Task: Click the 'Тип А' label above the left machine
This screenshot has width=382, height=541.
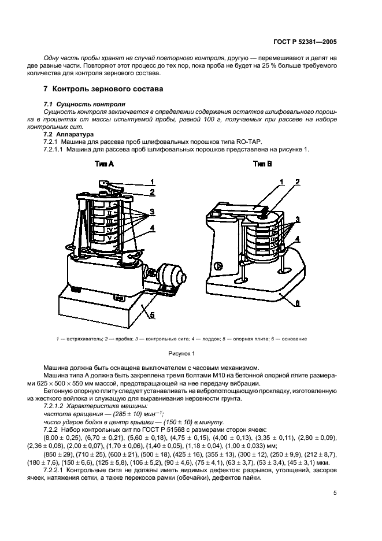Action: [103, 165]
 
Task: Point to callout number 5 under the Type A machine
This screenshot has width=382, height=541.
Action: [152, 315]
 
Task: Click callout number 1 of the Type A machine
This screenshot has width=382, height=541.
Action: [153, 181]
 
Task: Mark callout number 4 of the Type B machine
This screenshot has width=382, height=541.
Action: [298, 239]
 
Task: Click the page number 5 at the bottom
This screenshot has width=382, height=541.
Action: [335, 492]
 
